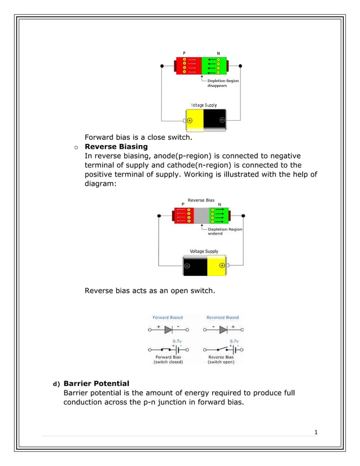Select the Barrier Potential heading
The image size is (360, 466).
click(96, 384)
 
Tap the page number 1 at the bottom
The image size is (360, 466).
click(316, 433)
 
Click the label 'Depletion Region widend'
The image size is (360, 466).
click(225, 231)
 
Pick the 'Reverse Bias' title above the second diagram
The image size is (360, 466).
click(201, 200)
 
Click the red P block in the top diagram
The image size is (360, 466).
click(188, 66)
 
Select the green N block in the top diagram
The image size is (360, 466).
click(214, 66)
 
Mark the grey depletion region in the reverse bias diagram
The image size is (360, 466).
click(201, 216)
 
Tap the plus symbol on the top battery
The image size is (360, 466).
click(190, 120)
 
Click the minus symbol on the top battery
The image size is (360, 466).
click(222, 120)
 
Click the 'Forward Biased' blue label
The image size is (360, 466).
click(168, 318)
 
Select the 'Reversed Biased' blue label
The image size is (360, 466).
click(222, 318)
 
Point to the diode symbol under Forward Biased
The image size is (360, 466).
click(168, 329)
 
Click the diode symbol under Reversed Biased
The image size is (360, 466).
click(223, 329)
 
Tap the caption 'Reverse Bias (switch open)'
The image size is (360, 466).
click(221, 359)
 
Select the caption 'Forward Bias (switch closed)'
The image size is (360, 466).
click(168, 359)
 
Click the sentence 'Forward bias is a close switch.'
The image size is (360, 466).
click(139, 137)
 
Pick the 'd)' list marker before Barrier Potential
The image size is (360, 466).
click(56, 384)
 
